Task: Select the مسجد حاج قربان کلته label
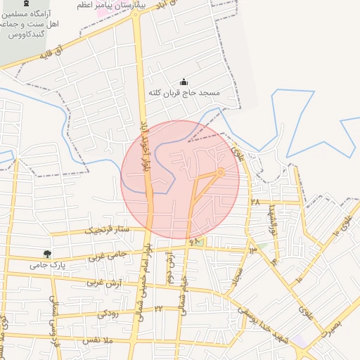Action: (184, 93)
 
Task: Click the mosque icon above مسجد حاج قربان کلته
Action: (184, 82)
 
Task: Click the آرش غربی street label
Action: (104, 283)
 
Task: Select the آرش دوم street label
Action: (169, 268)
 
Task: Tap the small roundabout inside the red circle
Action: (220, 172)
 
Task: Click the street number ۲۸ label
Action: (255, 202)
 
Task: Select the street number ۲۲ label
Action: (159, 309)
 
